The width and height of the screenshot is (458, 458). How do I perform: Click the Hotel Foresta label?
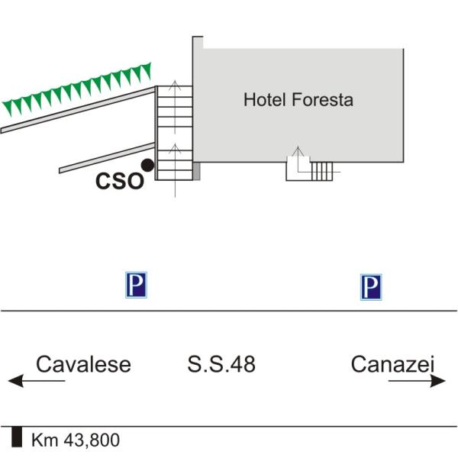tap(298, 99)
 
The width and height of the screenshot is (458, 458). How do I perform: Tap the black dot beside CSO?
tap(147, 166)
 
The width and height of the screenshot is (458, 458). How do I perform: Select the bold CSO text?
tap(120, 182)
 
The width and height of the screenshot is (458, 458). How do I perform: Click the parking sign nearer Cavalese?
tap(136, 285)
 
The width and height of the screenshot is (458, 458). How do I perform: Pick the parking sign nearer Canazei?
tap(371, 287)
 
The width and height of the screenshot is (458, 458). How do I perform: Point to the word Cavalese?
tap(83, 364)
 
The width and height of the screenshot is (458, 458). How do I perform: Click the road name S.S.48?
tap(221, 364)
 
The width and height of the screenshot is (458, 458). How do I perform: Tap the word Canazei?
tap(393, 364)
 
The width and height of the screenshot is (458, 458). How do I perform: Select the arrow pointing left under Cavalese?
tap(37, 381)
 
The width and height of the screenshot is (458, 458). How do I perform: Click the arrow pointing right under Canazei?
tap(417, 381)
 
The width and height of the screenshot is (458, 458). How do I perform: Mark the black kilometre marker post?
tap(17, 437)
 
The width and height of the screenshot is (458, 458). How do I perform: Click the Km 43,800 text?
tap(76, 440)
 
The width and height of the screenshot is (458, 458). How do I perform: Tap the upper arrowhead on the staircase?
tap(175, 85)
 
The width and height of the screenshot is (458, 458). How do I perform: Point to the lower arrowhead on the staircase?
tap(175, 148)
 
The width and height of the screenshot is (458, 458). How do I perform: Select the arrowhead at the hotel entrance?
tap(298, 150)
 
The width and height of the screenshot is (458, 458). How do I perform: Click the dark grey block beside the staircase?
tap(197, 171)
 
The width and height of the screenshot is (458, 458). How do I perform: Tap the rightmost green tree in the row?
tap(146, 71)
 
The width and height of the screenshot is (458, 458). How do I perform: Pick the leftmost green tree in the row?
tap(8, 108)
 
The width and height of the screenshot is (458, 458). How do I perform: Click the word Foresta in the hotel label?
tap(322, 99)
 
